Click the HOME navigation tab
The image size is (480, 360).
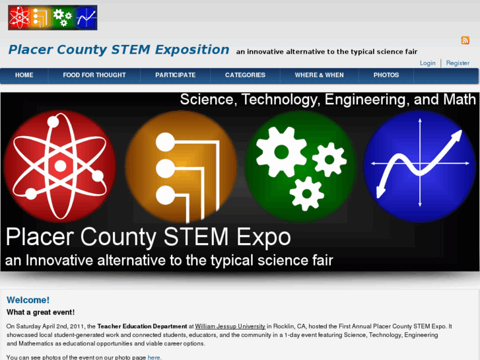[24, 75]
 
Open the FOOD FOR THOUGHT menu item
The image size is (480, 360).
[94, 75]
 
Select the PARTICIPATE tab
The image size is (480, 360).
[176, 75]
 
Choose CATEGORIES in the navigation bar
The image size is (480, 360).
[245, 75]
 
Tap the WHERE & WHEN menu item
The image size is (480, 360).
[319, 75]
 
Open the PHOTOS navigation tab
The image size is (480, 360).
[386, 75]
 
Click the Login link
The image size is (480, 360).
[428, 63]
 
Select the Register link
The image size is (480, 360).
[458, 63]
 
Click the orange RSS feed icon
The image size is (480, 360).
[465, 40]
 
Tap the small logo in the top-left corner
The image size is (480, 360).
[52, 18]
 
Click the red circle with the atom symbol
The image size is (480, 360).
[60, 157]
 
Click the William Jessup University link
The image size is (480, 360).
[230, 326]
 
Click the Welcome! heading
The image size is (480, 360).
[28, 300]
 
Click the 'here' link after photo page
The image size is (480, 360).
[154, 357]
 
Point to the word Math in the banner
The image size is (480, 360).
[459, 100]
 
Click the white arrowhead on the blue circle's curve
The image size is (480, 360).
[456, 134]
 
